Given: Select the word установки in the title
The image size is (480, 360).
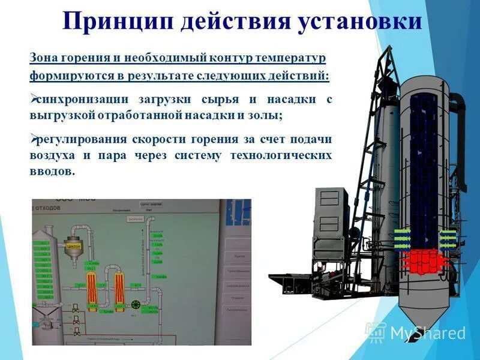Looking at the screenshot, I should click(x=359, y=22).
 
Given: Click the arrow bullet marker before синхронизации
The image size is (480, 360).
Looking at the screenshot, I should click(x=34, y=98).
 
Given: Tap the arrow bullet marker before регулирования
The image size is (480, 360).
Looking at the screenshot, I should click(x=34, y=138).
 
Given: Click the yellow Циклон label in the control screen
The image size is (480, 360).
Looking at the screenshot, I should click(x=74, y=245).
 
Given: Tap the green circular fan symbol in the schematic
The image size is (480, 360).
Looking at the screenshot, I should click(x=136, y=304).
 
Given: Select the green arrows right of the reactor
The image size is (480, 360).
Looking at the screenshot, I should click(x=448, y=236).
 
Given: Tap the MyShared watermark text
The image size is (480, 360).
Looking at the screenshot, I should click(x=427, y=332).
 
